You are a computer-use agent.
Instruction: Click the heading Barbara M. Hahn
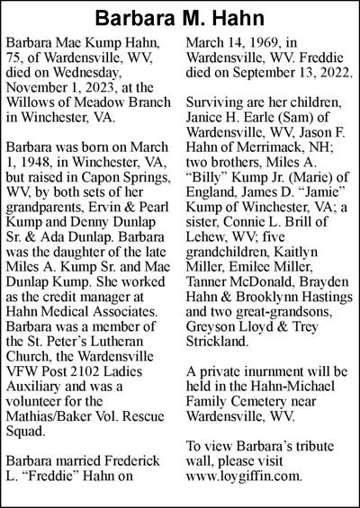[179, 18]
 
